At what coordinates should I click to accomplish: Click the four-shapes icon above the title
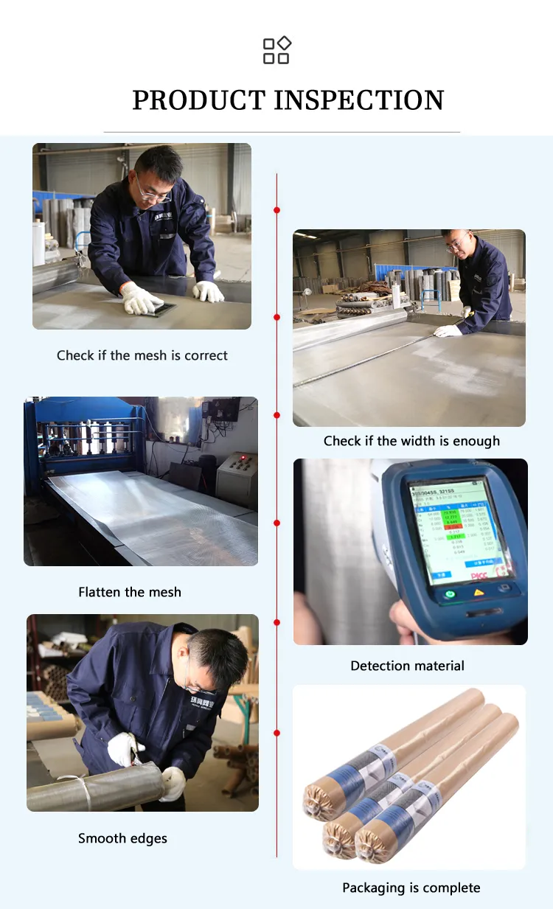(x=276, y=50)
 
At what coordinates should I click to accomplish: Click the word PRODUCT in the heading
(x=198, y=100)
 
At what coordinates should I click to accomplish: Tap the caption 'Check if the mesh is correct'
(x=142, y=355)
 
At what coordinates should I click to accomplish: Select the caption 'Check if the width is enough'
(x=411, y=441)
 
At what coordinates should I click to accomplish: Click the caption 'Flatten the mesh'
(x=130, y=592)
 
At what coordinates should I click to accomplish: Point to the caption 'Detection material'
(x=407, y=666)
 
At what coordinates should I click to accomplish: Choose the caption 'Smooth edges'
(x=122, y=838)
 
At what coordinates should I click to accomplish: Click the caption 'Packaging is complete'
(x=411, y=888)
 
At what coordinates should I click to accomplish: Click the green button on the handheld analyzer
(x=449, y=593)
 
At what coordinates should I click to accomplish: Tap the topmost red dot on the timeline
(x=276, y=210)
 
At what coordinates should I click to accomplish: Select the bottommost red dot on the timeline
(x=276, y=733)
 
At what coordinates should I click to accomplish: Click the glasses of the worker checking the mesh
(x=154, y=193)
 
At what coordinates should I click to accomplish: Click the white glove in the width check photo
(x=448, y=331)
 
